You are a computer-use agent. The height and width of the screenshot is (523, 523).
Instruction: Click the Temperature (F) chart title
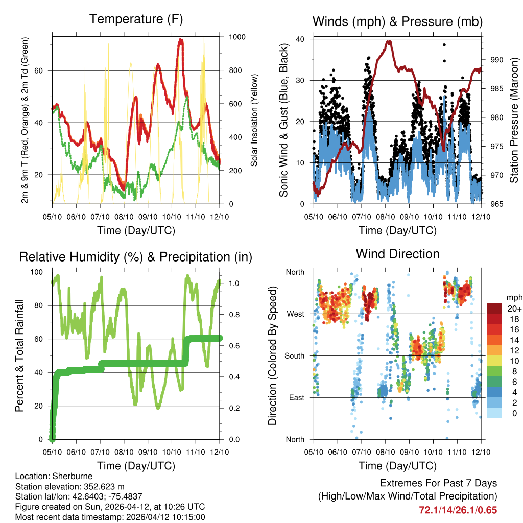tap(136, 19)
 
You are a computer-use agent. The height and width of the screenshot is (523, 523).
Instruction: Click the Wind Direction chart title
tap(397, 254)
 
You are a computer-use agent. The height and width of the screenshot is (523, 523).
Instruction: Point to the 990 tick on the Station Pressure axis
tap(496, 60)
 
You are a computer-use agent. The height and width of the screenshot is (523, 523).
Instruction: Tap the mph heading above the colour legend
tap(513, 297)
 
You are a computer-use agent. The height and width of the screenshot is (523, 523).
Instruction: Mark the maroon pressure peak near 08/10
tap(389, 42)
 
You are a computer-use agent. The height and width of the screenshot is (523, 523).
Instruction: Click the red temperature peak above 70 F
tap(180, 41)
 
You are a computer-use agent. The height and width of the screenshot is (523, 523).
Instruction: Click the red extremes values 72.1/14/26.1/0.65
tap(458, 510)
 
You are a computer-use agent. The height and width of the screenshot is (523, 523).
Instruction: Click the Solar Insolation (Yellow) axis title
tap(254, 120)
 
